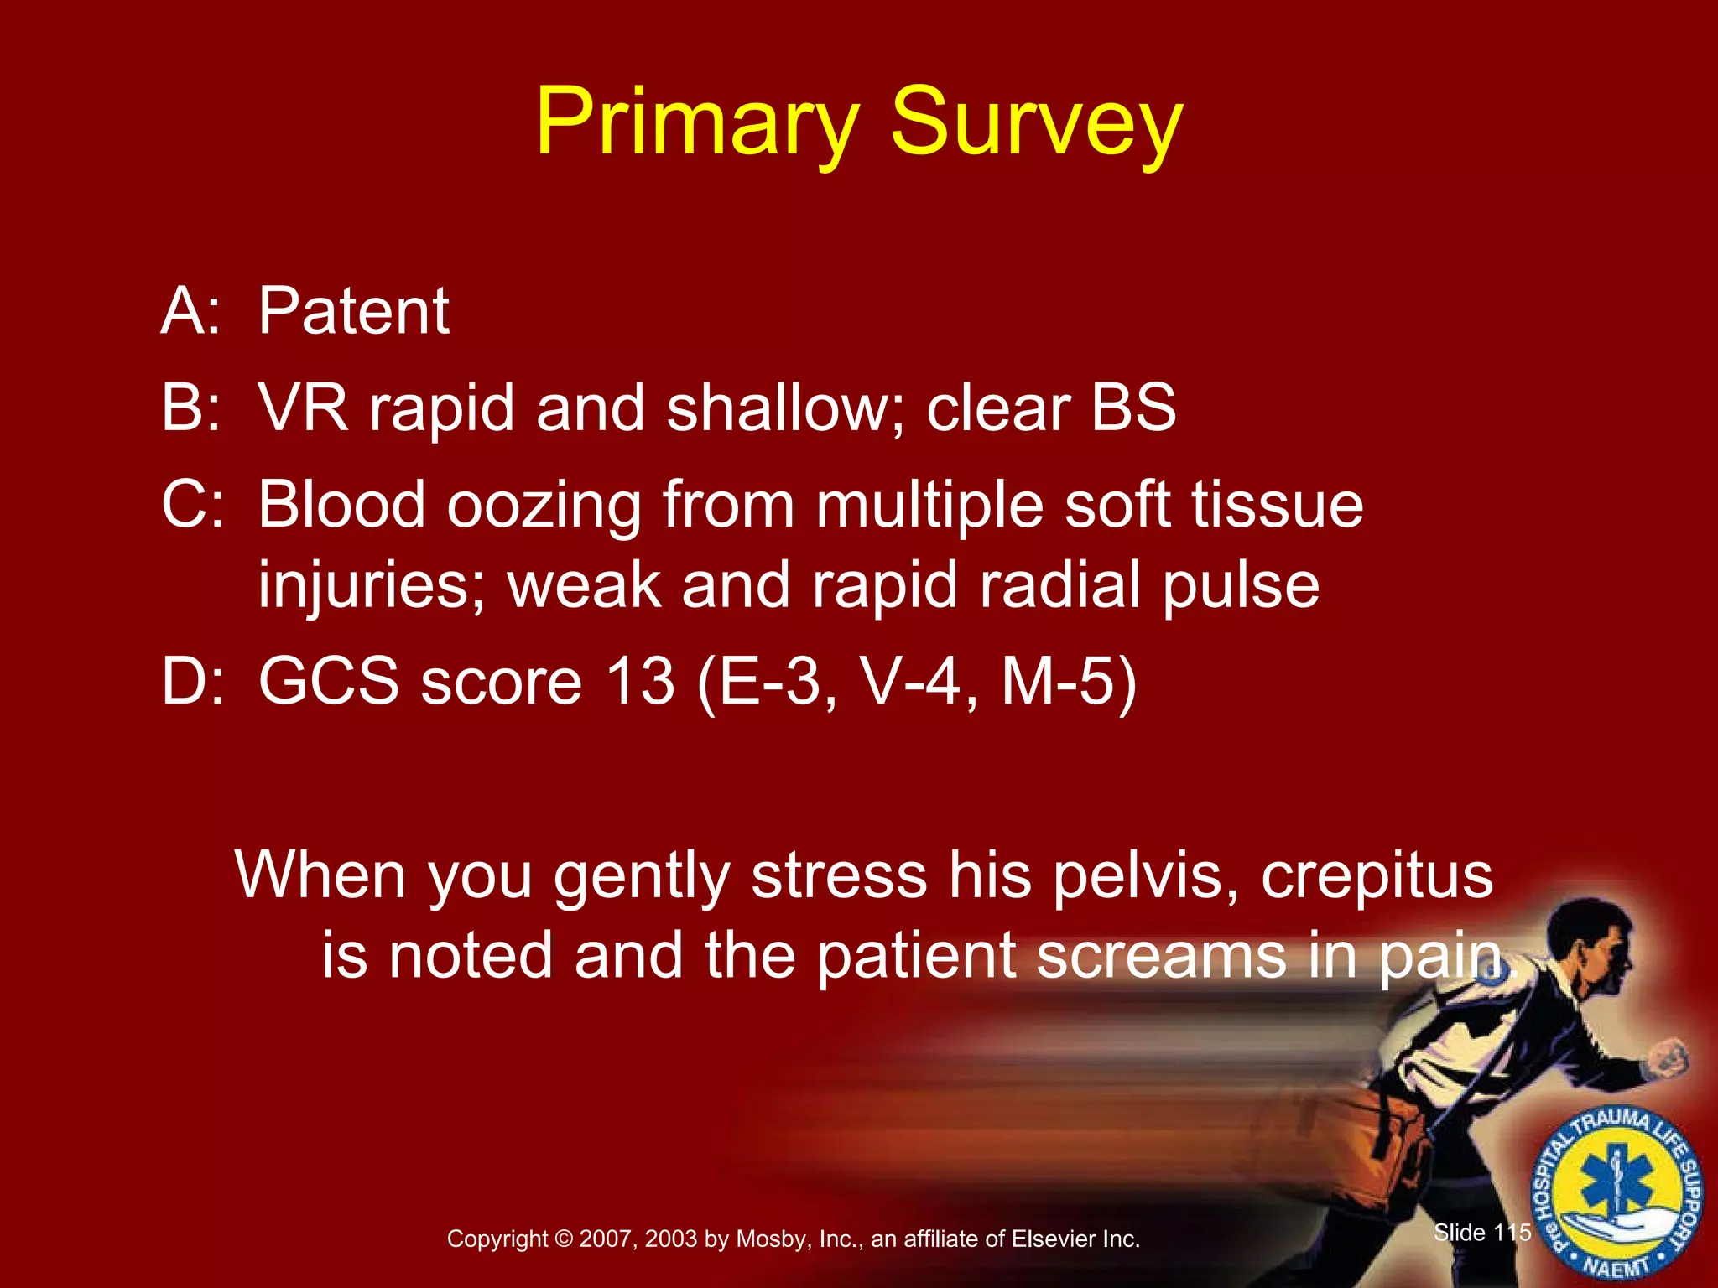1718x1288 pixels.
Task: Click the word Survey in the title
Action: tap(1036, 124)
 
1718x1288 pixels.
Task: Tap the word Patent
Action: tap(353, 312)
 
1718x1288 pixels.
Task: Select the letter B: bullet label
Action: tap(191, 408)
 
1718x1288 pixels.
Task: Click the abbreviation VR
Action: tap(302, 408)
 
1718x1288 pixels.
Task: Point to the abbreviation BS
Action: tap(1133, 408)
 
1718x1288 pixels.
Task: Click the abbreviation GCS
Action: tap(328, 681)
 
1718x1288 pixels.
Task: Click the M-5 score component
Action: tap(1069, 681)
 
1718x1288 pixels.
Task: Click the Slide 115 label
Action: tap(1482, 1232)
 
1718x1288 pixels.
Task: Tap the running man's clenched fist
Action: tap(1669, 1059)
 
